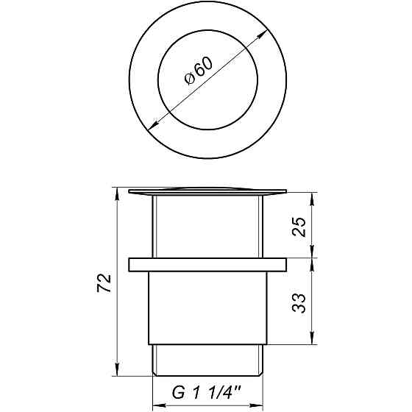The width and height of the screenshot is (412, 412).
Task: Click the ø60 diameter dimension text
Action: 199,71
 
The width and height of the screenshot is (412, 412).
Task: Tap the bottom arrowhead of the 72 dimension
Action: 117,371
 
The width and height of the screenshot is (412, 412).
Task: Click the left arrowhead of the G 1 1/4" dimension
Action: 157,405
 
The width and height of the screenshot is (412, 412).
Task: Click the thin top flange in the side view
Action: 207,192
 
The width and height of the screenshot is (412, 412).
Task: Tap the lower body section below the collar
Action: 207,309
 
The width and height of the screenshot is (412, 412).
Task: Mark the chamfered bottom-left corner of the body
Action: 153,347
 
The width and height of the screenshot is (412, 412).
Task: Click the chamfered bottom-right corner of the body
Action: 263,347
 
